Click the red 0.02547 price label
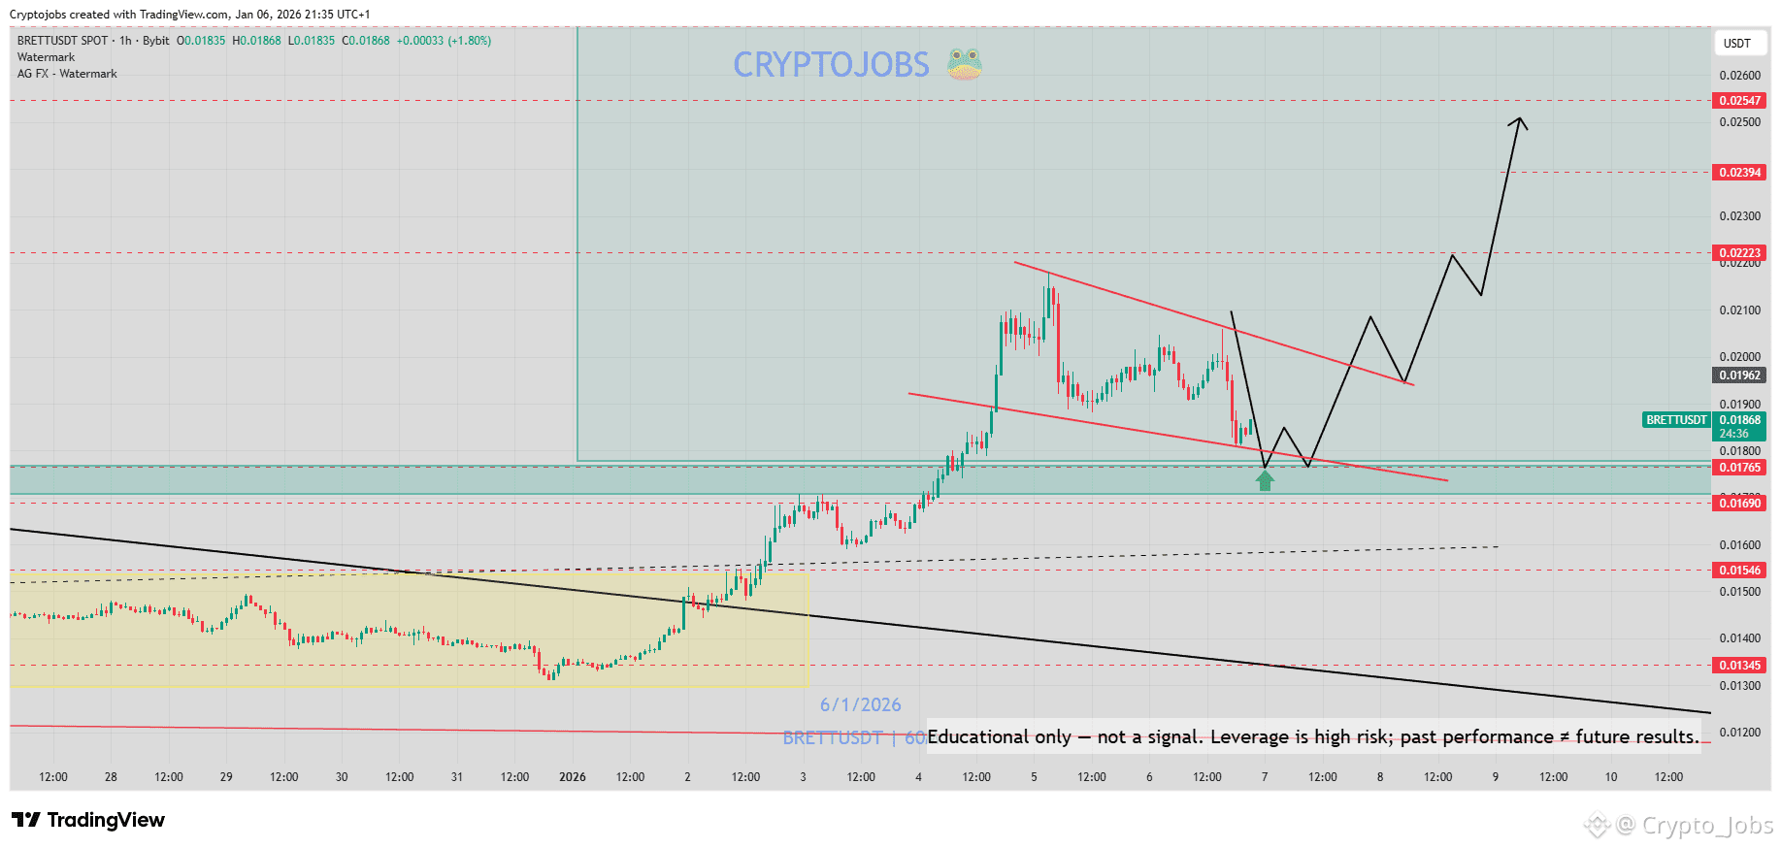click(1739, 101)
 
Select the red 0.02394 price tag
click(1739, 173)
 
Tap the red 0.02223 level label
click(1739, 253)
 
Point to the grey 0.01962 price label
click(1739, 376)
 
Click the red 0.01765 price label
click(1739, 468)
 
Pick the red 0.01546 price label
click(1739, 571)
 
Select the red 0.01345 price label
click(1739, 666)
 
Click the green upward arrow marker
click(1265, 480)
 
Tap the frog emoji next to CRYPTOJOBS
click(964, 64)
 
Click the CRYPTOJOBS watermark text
click(831, 65)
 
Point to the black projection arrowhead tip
click(1520, 118)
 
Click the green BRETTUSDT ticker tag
click(1676, 420)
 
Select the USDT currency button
click(1736, 44)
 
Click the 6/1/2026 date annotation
click(860, 705)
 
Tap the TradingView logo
click(88, 820)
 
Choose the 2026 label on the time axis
click(573, 777)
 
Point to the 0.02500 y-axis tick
click(1739, 122)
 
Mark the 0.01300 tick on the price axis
click(1739, 686)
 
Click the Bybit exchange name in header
click(155, 41)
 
